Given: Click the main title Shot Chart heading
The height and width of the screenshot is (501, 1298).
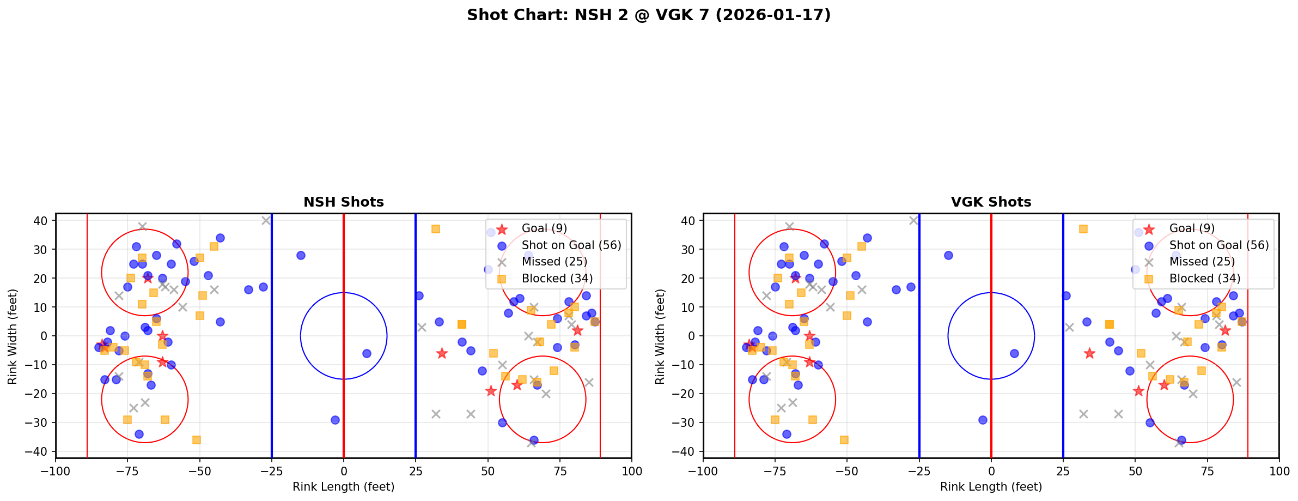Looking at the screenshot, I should tap(649, 15).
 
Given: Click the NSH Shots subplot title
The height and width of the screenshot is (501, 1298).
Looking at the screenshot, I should tap(344, 202).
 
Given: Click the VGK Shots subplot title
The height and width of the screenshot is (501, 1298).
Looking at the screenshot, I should tap(991, 202).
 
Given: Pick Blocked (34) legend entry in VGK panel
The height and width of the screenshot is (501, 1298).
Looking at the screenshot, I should tap(1204, 279).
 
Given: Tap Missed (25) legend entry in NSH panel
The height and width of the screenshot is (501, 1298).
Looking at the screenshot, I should tap(554, 262).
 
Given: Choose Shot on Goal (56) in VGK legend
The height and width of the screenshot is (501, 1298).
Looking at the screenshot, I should tap(1218, 245).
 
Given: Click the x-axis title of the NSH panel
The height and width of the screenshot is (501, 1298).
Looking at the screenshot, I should tap(344, 487).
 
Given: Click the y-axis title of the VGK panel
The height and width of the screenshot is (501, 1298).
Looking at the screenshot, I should tap(660, 336).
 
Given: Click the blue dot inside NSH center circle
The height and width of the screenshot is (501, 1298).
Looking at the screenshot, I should tap(367, 353).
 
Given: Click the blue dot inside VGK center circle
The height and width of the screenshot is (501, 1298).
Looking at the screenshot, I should tap(1014, 353).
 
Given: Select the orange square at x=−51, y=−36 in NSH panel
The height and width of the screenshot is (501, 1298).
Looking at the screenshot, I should tap(197, 440).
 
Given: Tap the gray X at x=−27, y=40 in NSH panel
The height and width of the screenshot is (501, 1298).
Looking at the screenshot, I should tap(266, 221).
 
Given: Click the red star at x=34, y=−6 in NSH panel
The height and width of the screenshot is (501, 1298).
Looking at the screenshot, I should tap(442, 353).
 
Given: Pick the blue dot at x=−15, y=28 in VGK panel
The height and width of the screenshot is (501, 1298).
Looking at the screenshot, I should tap(948, 255).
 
